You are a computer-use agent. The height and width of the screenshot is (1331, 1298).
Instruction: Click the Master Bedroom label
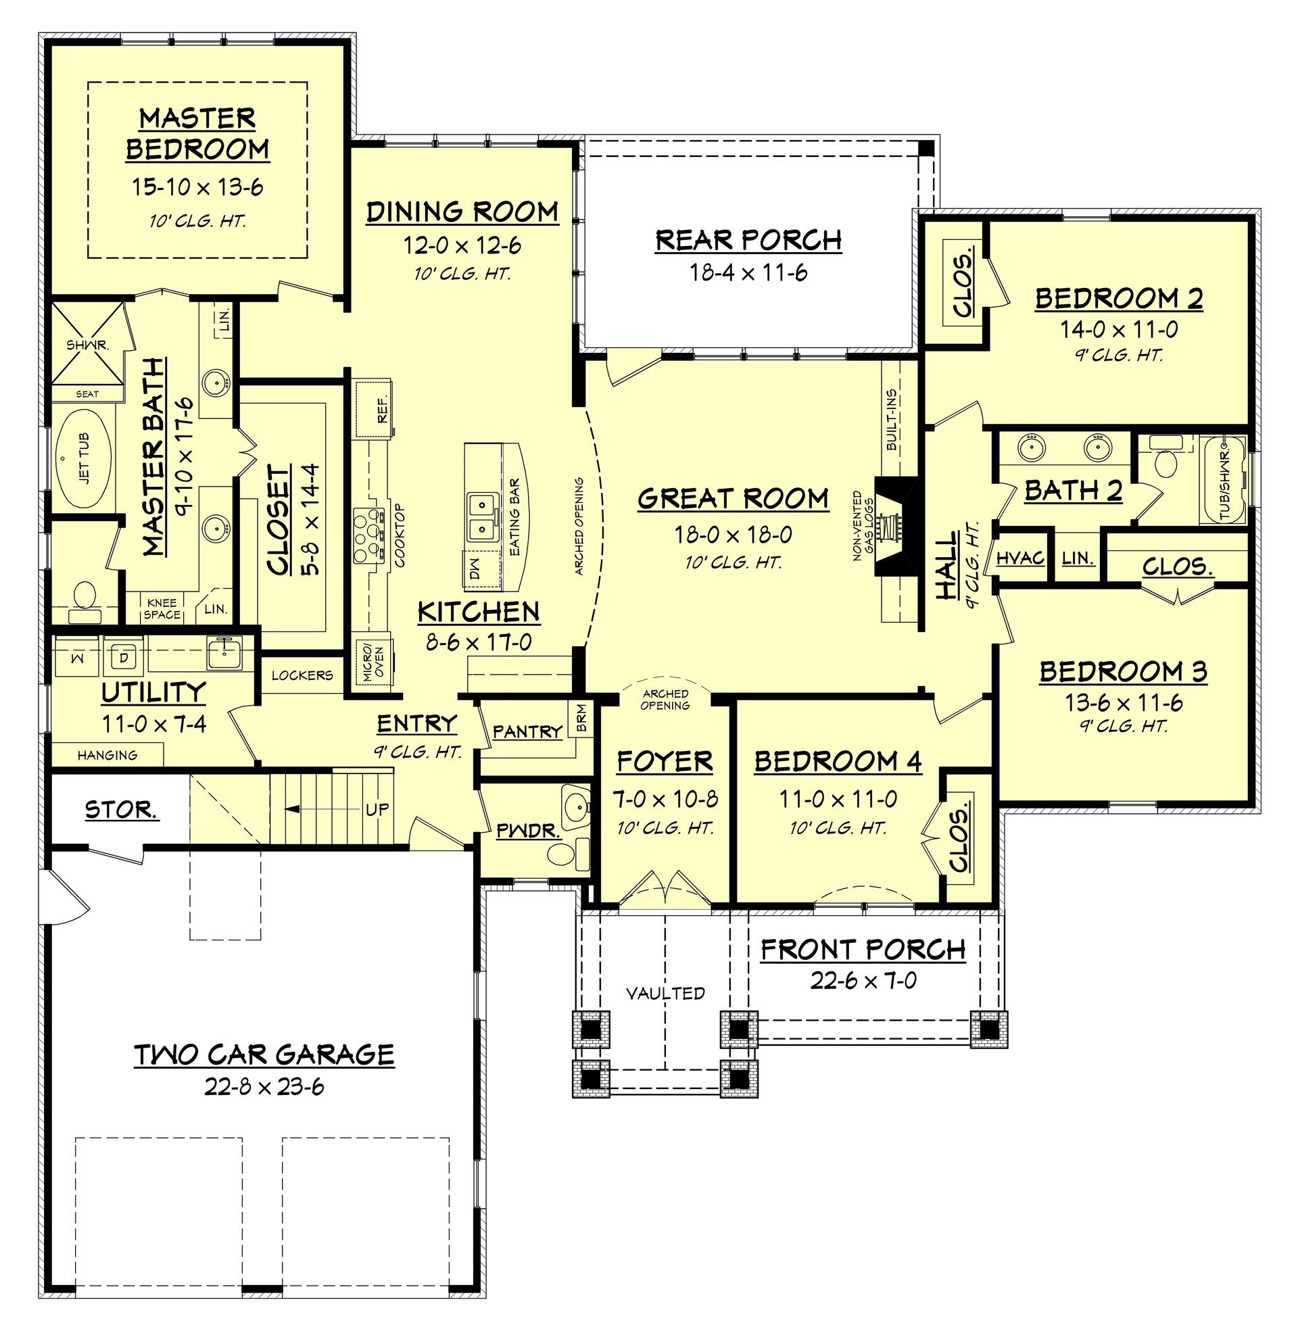(x=197, y=134)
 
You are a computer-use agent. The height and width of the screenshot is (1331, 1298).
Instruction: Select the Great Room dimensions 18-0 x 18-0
(x=733, y=535)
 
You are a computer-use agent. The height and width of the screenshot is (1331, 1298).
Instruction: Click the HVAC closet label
(x=1020, y=558)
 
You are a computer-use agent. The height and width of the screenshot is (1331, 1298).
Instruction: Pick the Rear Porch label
(x=748, y=241)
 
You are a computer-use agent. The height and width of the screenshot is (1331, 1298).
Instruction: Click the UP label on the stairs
(x=377, y=809)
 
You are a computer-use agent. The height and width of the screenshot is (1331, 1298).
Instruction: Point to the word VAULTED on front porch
(x=665, y=993)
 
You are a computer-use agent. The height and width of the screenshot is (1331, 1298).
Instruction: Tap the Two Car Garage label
(x=264, y=1055)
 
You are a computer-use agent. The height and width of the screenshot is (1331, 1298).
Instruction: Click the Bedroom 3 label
(x=1123, y=672)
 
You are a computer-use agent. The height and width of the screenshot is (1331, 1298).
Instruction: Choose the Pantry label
(x=527, y=732)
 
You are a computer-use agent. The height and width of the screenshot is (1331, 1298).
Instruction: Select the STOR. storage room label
(x=121, y=810)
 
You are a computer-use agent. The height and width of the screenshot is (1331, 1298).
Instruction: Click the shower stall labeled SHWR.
(x=87, y=345)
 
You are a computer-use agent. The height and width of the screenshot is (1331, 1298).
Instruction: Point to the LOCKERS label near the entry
(x=302, y=675)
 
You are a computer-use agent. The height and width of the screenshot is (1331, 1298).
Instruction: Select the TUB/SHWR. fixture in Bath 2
(x=1224, y=480)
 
